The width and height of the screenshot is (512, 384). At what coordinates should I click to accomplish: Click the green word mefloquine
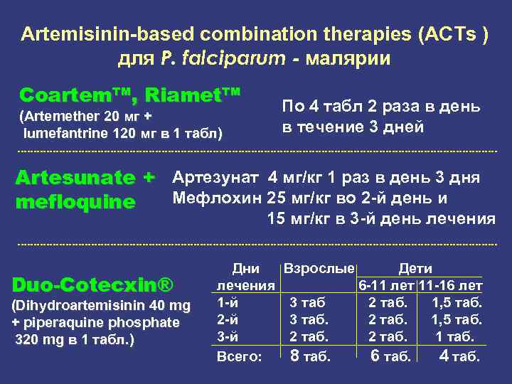tap(75, 203)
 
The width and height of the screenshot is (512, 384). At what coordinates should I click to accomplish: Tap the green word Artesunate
tap(75, 177)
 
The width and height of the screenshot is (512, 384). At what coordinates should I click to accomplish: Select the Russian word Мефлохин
tap(218, 198)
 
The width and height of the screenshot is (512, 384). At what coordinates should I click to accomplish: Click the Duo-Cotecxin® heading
tap(93, 285)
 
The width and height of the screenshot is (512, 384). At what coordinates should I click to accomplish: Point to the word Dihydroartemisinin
tap(85, 306)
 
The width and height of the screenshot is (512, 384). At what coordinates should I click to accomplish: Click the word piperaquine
tap(70, 322)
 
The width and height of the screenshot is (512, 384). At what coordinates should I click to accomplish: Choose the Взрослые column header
tap(319, 269)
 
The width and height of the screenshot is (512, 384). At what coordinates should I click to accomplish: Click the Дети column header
tap(415, 269)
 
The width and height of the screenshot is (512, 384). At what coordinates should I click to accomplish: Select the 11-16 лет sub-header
tap(451, 286)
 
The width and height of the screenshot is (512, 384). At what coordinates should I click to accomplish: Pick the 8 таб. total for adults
tap(310, 356)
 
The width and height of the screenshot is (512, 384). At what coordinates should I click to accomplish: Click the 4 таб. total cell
tap(459, 356)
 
